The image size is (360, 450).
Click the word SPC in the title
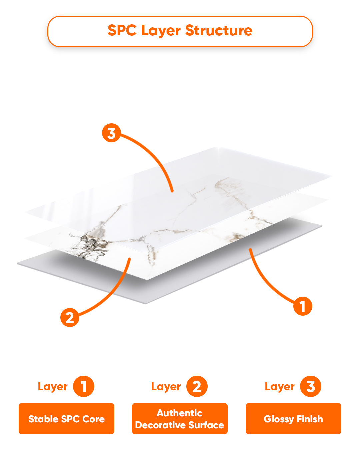pos(122,30)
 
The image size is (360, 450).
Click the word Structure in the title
pos(219,30)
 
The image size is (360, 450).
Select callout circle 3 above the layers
pos(111,133)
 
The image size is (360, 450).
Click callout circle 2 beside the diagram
pos(70,317)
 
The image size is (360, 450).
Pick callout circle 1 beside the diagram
pos(303,306)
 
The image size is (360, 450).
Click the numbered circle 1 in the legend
pos(83,386)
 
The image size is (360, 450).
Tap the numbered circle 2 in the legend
pos(197,386)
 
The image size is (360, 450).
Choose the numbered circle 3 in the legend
pos(311,386)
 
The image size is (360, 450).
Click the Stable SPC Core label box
pos(67,419)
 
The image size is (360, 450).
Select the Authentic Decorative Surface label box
pos(180,419)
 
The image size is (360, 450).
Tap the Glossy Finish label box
pos(293,419)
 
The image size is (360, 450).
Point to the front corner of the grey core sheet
pos(145,304)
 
